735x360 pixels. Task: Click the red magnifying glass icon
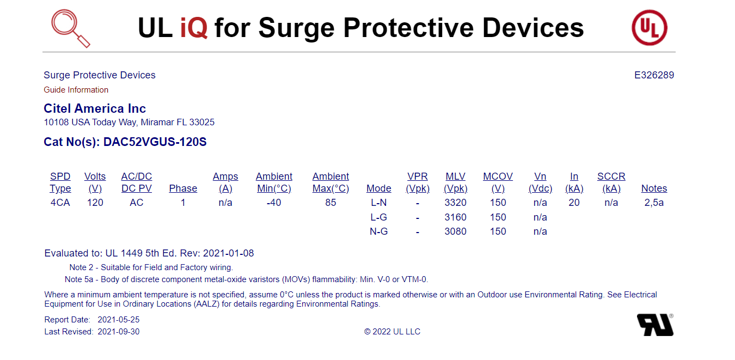pos(70,28)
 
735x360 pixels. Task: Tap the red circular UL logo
pos(650,28)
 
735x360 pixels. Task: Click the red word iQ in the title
pos(194,28)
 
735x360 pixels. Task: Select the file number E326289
pos(654,75)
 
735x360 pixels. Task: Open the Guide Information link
pos(76,90)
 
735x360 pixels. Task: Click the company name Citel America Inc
pos(95,108)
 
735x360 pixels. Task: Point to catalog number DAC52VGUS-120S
pos(155,142)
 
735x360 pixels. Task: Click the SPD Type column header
pos(60,182)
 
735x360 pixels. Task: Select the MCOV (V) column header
pos(498,182)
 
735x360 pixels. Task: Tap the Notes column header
pos(654,188)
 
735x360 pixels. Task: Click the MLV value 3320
pos(456,203)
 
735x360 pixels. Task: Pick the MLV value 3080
pos(456,231)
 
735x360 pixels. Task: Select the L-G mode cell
pos(378,217)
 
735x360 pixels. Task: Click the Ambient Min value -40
pos(274,203)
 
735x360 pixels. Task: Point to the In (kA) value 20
pos(574,203)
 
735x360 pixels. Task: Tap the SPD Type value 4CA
pos(60,203)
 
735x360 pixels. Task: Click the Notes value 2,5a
pos(654,203)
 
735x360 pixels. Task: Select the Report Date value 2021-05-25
pos(119,320)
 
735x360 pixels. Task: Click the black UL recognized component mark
pos(656,325)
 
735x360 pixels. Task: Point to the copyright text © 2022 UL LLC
pos(392,332)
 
